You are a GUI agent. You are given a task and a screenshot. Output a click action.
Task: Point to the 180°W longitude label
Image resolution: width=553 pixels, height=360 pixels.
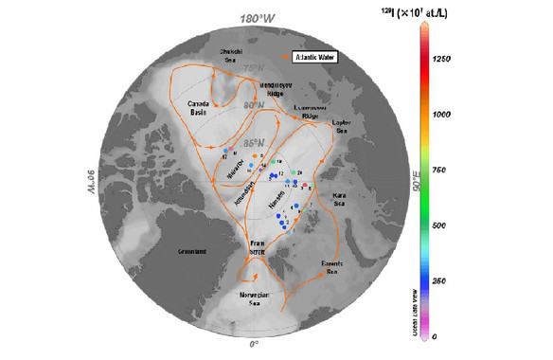(255, 19)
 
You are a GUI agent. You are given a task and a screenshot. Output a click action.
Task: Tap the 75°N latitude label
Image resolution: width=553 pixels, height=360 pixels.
(251, 69)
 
